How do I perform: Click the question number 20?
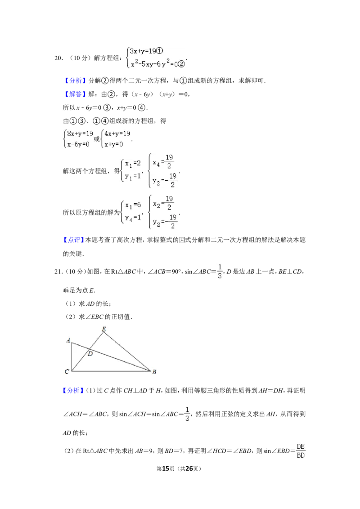point(58,58)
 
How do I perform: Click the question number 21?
point(58,272)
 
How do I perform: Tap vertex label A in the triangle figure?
point(68,340)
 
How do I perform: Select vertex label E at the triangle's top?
point(104,329)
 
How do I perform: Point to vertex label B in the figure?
point(154,372)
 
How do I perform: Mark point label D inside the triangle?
point(90,354)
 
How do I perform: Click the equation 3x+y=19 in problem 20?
point(147,51)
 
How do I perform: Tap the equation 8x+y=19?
point(80,134)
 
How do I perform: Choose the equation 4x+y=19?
point(117,134)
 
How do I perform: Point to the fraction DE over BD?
point(301,451)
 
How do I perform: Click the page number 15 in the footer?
point(166,469)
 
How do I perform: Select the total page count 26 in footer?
point(189,469)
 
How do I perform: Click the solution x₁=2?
point(133,163)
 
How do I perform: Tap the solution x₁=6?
point(133,205)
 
